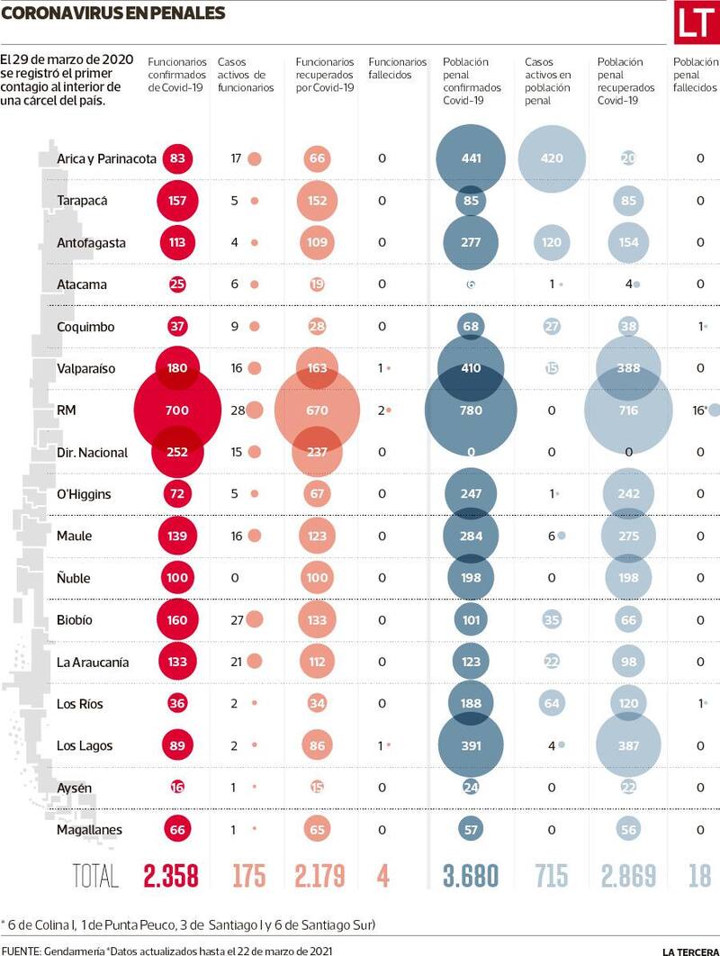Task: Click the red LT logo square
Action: pos(697,23)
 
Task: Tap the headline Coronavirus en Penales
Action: pos(112,13)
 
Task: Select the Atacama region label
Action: pos(82,284)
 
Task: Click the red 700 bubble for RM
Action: pos(176,410)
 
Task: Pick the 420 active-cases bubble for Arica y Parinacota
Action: pos(552,158)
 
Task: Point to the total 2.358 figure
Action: pos(170,876)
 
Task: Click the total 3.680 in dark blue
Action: pos(470,876)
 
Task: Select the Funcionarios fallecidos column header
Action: pos(397,68)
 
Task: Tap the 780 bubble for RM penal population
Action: pos(471,410)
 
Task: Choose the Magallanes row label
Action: pos(89,830)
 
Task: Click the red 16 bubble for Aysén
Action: pos(177,788)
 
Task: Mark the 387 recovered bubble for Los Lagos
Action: pos(628,745)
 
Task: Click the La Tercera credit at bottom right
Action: pos(689,951)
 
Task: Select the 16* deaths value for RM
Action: pos(698,410)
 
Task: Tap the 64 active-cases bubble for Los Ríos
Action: pos(552,703)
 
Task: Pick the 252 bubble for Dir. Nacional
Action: pos(177,453)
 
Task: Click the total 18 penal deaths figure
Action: pos(699,876)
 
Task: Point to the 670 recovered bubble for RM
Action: pos(316,410)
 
